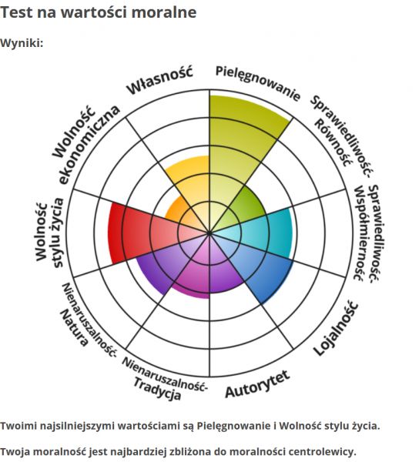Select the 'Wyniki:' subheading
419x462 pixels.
pyautogui.click(x=22, y=43)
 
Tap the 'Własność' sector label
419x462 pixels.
pyautogui.click(x=159, y=80)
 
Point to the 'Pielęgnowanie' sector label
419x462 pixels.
pyautogui.click(x=258, y=83)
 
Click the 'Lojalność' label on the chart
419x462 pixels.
pyautogui.click(x=336, y=328)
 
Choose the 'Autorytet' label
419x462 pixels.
pyautogui.click(x=257, y=383)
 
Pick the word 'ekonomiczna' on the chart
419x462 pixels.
pyautogui.click(x=90, y=145)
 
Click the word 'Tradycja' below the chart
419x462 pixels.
pyautogui.click(x=157, y=389)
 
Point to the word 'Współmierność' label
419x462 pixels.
pyautogui.click(x=359, y=233)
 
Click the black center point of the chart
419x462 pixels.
pyautogui.click(x=209, y=233)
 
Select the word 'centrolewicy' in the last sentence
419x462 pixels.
pyautogui.click(x=322, y=451)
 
